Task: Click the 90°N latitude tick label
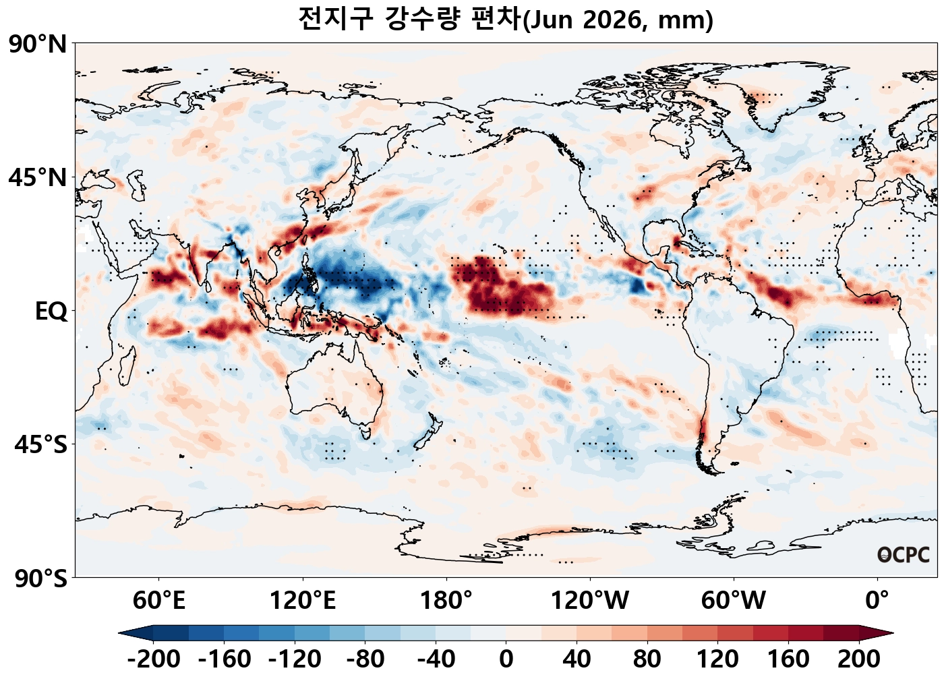click(x=38, y=45)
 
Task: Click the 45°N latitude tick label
click(x=38, y=178)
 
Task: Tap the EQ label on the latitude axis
click(x=51, y=312)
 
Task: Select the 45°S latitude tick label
click(x=40, y=445)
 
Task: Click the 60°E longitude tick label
click(x=159, y=599)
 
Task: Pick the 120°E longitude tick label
click(x=303, y=599)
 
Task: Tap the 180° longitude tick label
click(x=446, y=599)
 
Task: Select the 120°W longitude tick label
click(x=590, y=599)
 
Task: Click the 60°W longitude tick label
click(x=734, y=599)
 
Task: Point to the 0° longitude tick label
click(x=877, y=599)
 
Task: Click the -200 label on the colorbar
click(x=154, y=659)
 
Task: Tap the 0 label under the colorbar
click(x=506, y=659)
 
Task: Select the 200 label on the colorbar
click(x=859, y=659)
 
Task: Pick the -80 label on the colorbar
click(x=365, y=659)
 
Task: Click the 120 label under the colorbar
click(x=718, y=659)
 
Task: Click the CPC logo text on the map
click(x=904, y=555)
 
